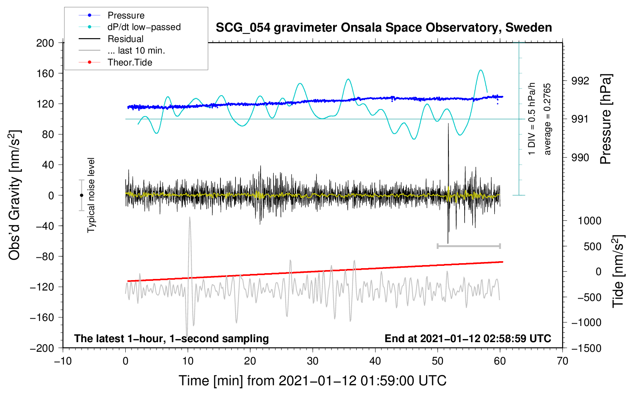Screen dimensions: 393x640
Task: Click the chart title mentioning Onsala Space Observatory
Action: (384, 28)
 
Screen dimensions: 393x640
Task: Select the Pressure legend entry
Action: (126, 15)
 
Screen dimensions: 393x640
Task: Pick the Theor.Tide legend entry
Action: (130, 62)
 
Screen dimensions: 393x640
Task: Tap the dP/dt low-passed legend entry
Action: (144, 27)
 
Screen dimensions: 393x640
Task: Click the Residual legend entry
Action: (125, 39)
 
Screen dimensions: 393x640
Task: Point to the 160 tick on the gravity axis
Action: (45, 73)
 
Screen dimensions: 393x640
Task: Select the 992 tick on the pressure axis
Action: (580, 81)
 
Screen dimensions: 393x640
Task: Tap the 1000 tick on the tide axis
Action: (589, 221)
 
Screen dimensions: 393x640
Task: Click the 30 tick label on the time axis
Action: (313, 361)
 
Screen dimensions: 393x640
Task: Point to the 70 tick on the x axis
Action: (563, 361)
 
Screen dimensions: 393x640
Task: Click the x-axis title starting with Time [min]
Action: (313, 381)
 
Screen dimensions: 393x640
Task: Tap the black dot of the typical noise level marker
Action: (81, 195)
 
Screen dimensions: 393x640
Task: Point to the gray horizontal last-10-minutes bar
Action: (469, 246)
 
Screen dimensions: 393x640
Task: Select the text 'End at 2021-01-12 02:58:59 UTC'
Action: (468, 339)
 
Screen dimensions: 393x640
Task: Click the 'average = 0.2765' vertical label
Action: (547, 119)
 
